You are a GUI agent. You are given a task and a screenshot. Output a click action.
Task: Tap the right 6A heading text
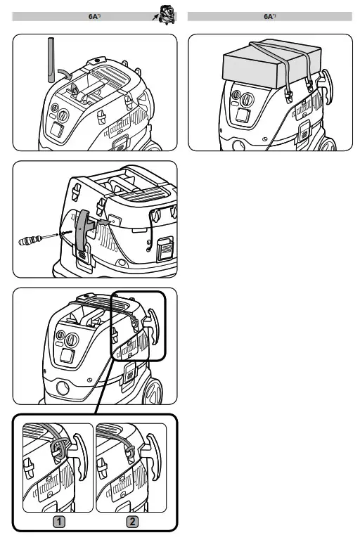[270, 16]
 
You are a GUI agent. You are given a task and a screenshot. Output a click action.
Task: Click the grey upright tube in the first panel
[51, 60]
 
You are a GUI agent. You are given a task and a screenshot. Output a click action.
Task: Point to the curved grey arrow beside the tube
[65, 73]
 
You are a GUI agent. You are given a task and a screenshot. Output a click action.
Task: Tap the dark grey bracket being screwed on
[83, 229]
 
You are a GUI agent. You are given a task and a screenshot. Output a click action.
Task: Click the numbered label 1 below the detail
[59, 522]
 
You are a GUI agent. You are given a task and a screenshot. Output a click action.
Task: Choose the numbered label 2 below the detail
[132, 522]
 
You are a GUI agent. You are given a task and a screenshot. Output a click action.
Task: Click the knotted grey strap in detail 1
[59, 448]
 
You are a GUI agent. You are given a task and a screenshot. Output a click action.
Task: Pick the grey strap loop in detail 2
[129, 451]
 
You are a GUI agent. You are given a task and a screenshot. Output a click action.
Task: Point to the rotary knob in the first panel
[63, 115]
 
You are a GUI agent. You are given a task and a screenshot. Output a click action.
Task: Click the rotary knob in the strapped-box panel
[247, 100]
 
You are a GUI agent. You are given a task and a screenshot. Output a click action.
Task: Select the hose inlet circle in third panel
[63, 388]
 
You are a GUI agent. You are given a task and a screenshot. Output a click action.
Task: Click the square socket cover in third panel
[67, 356]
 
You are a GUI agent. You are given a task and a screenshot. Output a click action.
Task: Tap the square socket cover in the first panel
[57, 131]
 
